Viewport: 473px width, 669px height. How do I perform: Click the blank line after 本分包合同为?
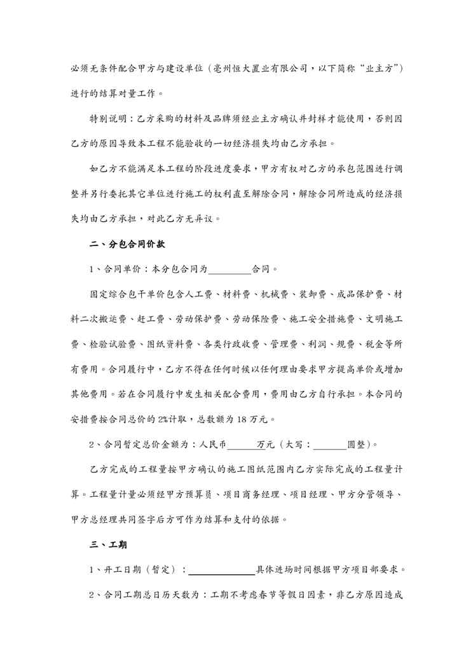pyautogui.click(x=230, y=269)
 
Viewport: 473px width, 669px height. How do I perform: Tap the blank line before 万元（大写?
pyautogui.click(x=240, y=445)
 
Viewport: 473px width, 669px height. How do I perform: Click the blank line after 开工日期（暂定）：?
pyautogui.click(x=222, y=570)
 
